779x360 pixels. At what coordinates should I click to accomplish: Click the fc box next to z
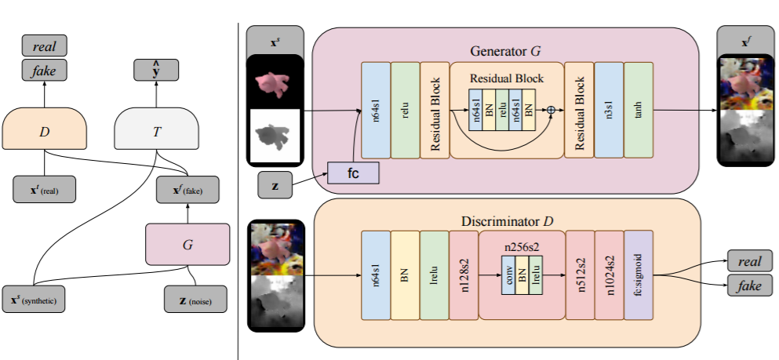click(352, 173)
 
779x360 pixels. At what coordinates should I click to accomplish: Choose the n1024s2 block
click(609, 275)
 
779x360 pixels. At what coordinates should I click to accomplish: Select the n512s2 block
click(580, 275)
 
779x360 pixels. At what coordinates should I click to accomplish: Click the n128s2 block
click(464, 275)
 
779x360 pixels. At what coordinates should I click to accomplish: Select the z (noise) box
click(195, 299)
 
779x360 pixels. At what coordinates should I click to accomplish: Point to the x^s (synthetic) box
click(34, 299)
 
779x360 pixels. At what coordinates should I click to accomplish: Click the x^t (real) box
click(42, 189)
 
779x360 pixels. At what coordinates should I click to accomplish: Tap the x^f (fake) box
click(187, 189)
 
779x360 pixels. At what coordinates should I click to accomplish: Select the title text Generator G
click(505, 51)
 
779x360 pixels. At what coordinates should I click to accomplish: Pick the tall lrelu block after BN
click(435, 275)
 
